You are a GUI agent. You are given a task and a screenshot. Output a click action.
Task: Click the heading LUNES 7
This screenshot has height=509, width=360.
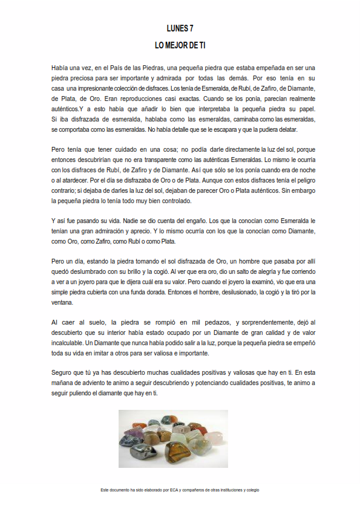(180, 28)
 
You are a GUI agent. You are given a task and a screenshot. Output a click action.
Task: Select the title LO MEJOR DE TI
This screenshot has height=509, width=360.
(180, 45)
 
